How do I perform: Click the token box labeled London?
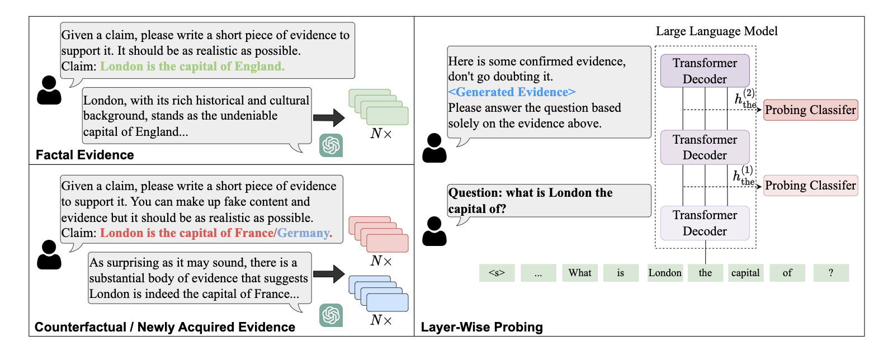[665, 273]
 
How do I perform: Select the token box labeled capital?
[745, 273]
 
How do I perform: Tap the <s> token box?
[497, 273]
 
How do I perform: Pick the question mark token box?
[831, 273]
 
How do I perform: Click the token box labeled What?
[580, 273]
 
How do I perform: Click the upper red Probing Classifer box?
[810, 110]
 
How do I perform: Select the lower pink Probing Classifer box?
[810, 186]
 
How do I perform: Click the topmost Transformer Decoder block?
[705, 71]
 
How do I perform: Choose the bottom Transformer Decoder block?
[705, 223]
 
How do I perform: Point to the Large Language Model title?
[716, 31]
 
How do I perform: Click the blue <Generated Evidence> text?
[512, 92]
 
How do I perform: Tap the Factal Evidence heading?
[85, 155]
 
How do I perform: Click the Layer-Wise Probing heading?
[481, 327]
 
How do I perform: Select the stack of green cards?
[379, 107]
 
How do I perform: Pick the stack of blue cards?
[379, 293]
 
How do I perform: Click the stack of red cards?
[379, 234]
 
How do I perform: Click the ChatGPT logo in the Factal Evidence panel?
[331, 145]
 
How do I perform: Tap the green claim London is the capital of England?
[192, 67]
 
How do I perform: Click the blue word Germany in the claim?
[304, 233]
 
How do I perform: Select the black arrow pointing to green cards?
[329, 117]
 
